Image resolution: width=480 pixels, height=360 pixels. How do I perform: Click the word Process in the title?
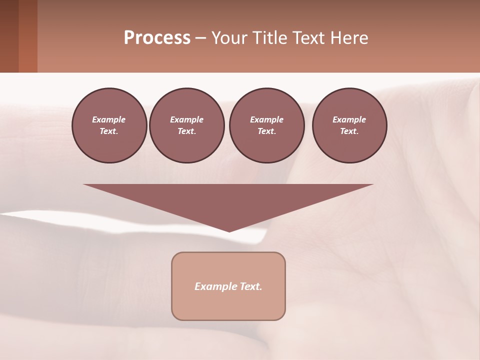point(157,38)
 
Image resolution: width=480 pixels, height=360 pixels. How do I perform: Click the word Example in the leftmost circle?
point(109,119)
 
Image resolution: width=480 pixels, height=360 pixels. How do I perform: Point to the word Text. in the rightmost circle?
point(349,131)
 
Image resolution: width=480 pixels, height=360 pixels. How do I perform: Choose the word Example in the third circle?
point(266,119)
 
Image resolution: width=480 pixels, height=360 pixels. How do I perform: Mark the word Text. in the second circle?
point(186,131)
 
